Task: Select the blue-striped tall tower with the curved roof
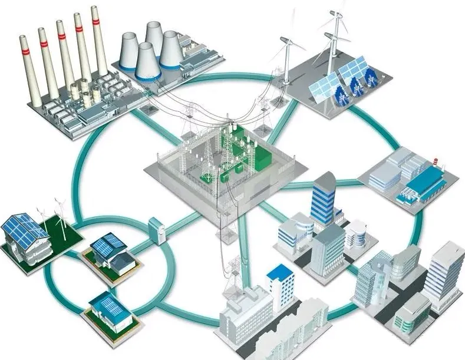[x=323, y=197]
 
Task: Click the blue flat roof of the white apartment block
[x=280, y=272]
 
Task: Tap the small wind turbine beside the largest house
[x=60, y=212]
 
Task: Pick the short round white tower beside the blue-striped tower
[x=355, y=233]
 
